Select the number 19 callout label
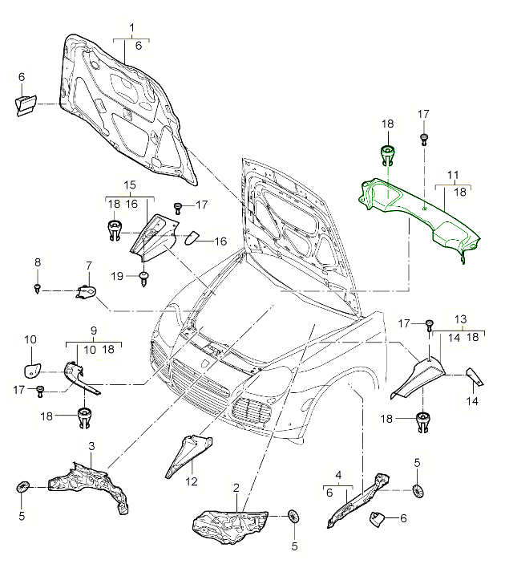tap(116, 275)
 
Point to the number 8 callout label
tap(38, 262)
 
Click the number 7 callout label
tap(88, 265)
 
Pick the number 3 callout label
tap(92, 446)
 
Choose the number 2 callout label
tap(236, 488)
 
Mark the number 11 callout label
tap(453, 174)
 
